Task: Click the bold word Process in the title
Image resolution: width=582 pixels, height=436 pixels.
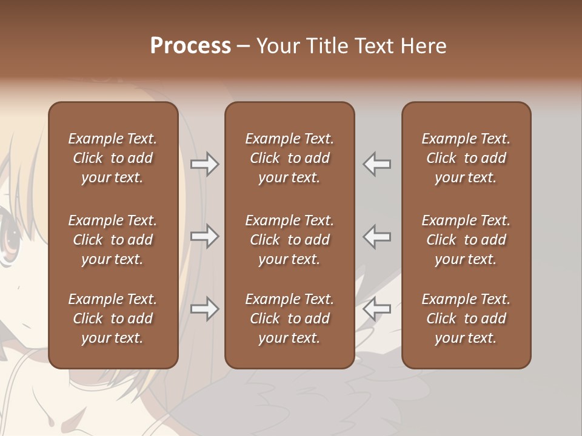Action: (x=190, y=46)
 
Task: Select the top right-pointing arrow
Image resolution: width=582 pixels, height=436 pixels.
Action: (x=205, y=164)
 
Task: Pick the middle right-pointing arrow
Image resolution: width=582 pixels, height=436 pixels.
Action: (x=205, y=236)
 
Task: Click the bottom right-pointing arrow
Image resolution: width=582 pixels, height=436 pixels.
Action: (x=205, y=309)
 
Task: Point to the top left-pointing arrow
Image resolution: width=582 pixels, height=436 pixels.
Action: (x=377, y=164)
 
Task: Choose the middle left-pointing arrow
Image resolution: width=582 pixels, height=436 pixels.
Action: (x=377, y=236)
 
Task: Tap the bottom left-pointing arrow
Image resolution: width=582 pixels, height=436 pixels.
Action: (x=377, y=309)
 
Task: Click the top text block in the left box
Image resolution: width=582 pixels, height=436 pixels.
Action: (x=113, y=158)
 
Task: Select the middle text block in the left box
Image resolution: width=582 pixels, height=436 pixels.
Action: (x=113, y=240)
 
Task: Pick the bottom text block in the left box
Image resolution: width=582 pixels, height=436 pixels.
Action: (x=113, y=319)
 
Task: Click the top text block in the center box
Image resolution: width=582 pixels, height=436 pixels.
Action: (x=289, y=158)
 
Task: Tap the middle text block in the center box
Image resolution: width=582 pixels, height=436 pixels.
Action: (x=289, y=240)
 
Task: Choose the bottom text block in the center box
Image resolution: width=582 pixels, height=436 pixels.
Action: (x=289, y=319)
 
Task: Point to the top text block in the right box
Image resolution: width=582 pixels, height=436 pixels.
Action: (x=466, y=158)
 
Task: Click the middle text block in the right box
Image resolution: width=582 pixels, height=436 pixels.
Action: (x=466, y=240)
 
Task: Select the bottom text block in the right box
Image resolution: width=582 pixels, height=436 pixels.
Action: (x=466, y=319)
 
